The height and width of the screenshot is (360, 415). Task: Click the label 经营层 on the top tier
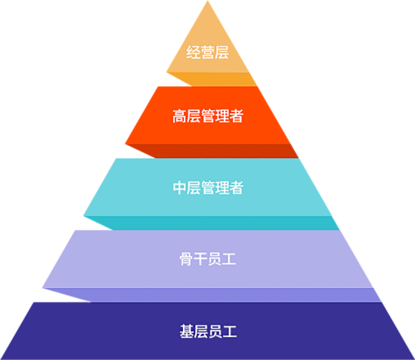(207, 52)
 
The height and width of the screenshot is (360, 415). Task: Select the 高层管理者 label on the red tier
(207, 116)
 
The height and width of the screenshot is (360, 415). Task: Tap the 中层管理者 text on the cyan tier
(207, 188)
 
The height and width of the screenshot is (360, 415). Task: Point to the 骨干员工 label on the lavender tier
(207, 259)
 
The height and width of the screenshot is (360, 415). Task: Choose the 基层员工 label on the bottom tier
(207, 331)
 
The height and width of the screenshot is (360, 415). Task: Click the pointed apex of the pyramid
(207, 1)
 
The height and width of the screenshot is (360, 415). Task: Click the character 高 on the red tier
(180, 116)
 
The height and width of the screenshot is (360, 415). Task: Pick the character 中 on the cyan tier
(180, 188)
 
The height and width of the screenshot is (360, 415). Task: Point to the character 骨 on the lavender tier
(186, 259)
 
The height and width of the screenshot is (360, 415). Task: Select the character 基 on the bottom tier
(186, 331)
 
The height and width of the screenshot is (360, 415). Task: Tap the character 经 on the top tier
(194, 52)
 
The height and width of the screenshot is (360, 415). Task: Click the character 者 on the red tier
(236, 116)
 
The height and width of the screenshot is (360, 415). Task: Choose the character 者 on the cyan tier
(236, 188)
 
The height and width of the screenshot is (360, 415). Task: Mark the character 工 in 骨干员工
(229, 259)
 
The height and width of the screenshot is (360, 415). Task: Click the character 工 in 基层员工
(230, 331)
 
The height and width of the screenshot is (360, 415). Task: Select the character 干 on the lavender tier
(200, 259)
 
